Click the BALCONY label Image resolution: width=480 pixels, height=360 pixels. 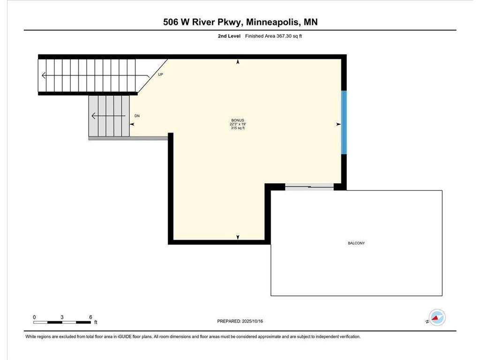[x=356, y=243]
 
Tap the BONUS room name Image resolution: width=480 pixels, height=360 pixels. [x=238, y=120]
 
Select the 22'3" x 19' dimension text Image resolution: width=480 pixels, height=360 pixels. [x=238, y=124]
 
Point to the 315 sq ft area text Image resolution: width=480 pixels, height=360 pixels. [x=238, y=128]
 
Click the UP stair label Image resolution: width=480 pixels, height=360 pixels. [x=160, y=75]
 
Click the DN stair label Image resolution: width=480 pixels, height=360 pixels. [x=137, y=115]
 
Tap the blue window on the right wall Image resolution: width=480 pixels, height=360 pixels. [x=344, y=122]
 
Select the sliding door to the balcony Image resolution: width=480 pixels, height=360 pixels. [x=309, y=187]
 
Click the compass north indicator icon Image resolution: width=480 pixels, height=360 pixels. [x=437, y=318]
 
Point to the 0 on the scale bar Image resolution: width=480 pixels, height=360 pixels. [x=34, y=317]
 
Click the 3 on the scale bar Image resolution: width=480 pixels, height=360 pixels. [x=62, y=317]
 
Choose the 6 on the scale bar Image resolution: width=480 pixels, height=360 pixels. [x=90, y=317]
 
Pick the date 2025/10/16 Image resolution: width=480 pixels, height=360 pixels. [x=256, y=321]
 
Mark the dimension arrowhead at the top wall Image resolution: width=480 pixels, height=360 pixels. [x=238, y=61]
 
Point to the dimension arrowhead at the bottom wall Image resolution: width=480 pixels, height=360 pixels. [x=238, y=238]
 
